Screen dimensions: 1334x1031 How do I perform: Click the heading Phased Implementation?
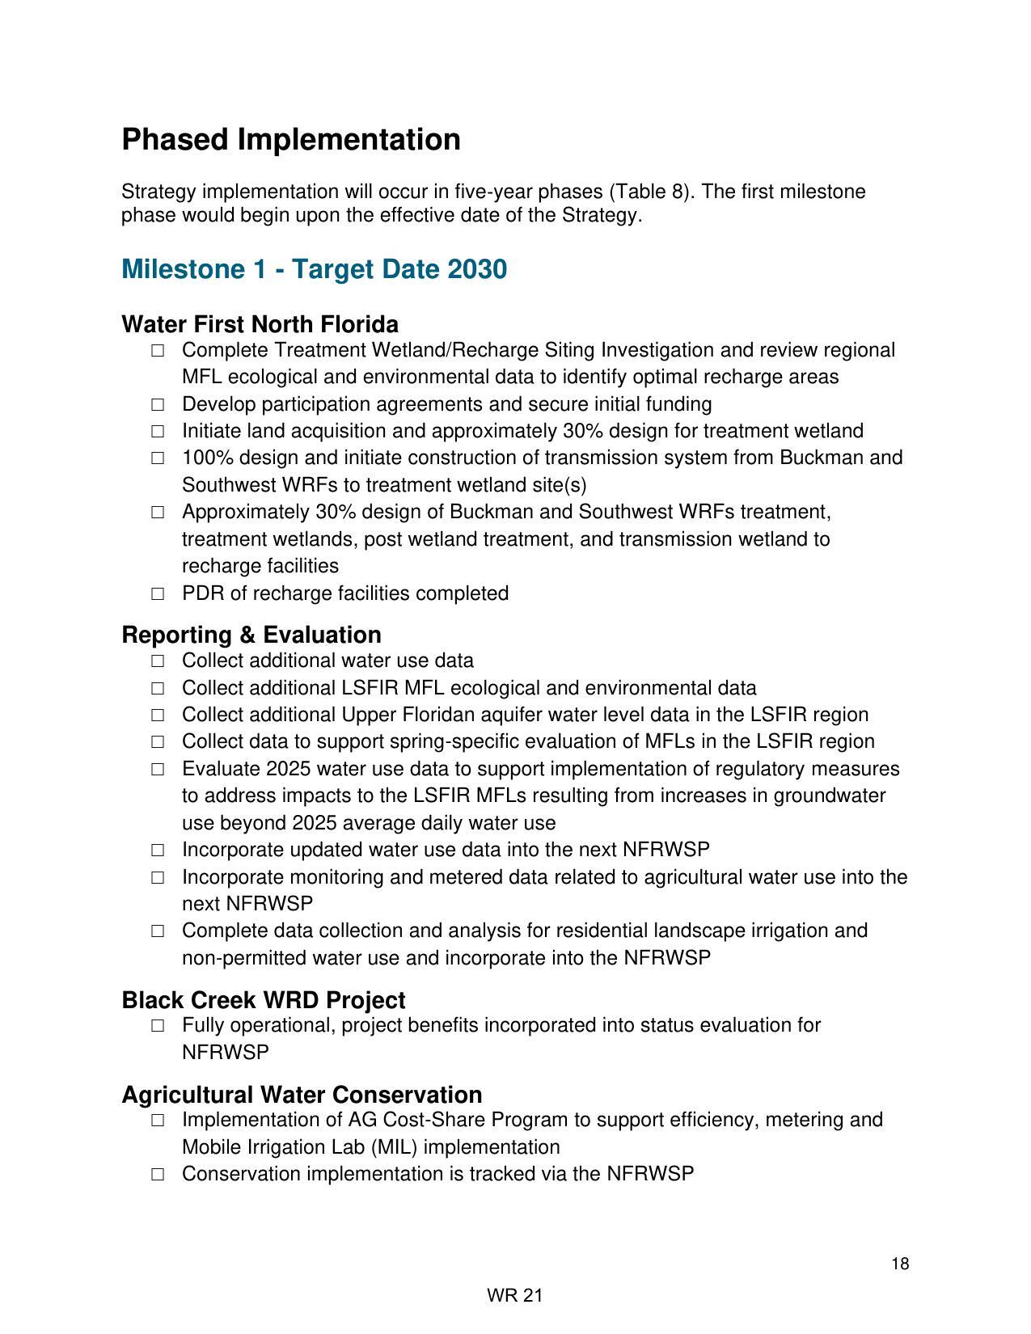[291, 140]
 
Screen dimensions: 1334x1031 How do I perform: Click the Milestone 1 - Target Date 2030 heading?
[314, 269]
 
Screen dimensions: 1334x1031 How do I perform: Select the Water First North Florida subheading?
[260, 324]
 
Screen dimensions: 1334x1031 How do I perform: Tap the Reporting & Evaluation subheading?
[251, 635]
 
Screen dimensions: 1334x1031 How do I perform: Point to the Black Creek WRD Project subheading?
[264, 1000]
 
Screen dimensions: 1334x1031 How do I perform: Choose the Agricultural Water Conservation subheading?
[302, 1095]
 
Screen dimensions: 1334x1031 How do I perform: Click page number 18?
[900, 1264]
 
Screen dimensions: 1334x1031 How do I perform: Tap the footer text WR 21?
[515, 1296]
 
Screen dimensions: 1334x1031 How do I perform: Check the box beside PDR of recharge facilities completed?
[158, 593]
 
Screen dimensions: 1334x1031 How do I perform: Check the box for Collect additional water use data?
[158, 661]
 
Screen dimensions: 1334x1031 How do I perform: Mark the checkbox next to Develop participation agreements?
[158, 404]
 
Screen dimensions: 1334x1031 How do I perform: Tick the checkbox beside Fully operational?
[158, 1026]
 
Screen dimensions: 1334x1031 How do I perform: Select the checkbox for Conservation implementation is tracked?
[158, 1174]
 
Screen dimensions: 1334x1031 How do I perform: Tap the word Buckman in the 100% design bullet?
[815, 458]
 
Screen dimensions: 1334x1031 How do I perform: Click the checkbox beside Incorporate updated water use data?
[158, 851]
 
